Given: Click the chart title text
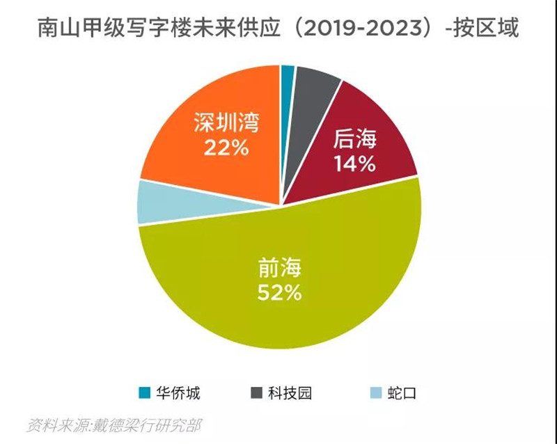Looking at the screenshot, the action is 278,29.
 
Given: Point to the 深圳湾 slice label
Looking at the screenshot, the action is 226,123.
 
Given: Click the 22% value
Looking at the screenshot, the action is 226,148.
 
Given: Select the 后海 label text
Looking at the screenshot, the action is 354,139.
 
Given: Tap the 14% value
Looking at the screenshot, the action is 354,164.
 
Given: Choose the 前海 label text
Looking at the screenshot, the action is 280,267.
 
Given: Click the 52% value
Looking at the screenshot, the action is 280,293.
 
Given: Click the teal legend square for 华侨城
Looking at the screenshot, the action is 145,393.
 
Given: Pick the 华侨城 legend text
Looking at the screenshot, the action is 178,393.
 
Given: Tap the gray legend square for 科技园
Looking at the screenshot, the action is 256,393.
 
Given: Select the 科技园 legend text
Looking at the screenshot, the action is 290,393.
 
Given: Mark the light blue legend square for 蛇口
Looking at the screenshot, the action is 376,393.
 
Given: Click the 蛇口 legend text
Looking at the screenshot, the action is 402,393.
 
